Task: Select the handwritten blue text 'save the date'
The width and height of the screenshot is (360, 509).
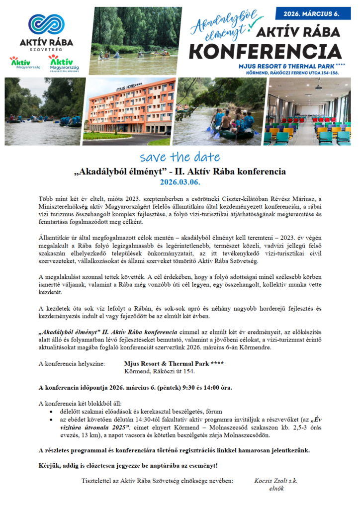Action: (180, 158)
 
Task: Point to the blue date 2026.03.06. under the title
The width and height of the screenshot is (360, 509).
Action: (180, 182)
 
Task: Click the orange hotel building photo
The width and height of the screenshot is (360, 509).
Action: (128, 111)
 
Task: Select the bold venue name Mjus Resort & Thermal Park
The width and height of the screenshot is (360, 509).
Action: (167, 364)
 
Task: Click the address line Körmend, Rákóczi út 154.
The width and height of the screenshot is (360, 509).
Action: (159, 371)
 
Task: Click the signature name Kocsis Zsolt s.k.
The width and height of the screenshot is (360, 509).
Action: (275, 481)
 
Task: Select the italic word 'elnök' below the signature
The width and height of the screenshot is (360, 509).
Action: (275, 489)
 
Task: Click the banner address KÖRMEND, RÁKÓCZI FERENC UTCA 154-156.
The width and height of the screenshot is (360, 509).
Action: (289, 73)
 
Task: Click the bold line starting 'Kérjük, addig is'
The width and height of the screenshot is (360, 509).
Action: (128, 466)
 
